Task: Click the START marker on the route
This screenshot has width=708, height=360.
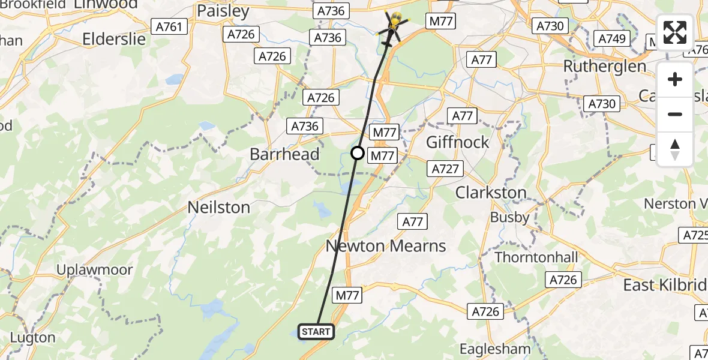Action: tap(316, 332)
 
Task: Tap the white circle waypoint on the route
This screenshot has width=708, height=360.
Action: tap(358, 153)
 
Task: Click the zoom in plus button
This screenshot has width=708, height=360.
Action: tap(675, 80)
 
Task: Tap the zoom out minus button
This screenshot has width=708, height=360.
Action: tap(675, 114)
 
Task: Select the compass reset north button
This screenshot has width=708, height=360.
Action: tap(675, 149)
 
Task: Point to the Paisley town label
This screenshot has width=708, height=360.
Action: tap(223, 11)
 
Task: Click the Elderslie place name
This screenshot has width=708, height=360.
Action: tap(114, 40)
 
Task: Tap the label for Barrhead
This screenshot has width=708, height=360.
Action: tap(284, 154)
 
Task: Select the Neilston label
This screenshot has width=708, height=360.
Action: tap(218, 208)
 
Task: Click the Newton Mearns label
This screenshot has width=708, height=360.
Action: tap(386, 245)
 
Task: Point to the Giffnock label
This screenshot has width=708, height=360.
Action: tap(457, 142)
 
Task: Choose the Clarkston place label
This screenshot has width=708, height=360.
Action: tap(491, 193)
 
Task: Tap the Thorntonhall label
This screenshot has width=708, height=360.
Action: tap(536, 257)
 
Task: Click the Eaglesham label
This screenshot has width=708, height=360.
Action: tap(495, 349)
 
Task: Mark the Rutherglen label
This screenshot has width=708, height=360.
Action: tap(605, 66)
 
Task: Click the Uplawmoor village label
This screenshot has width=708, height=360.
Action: tap(94, 270)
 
